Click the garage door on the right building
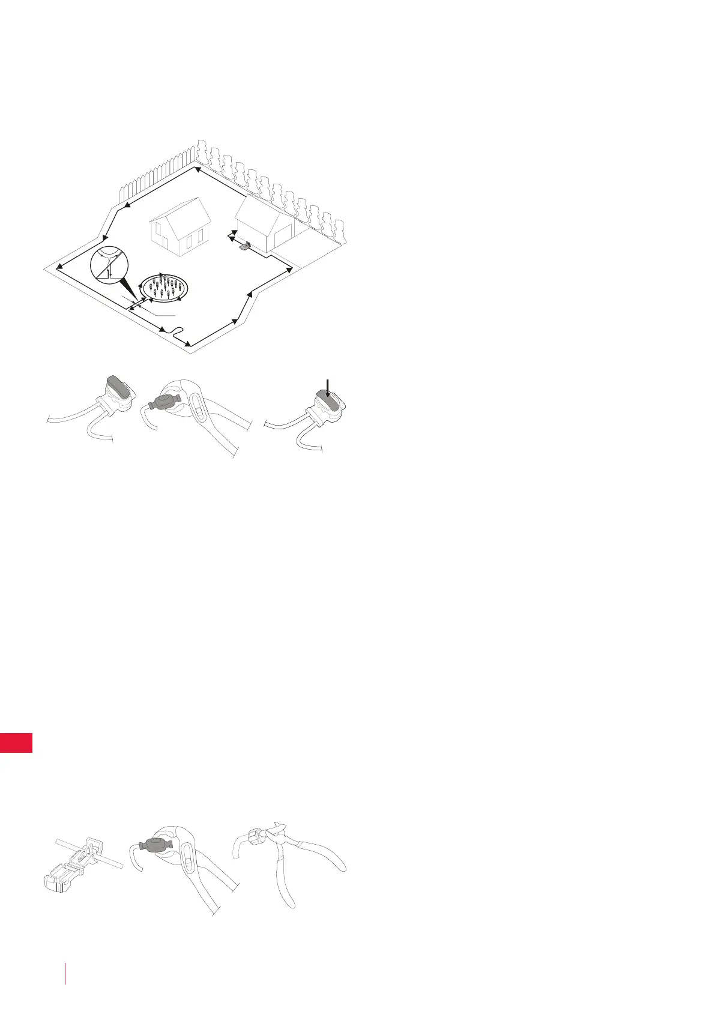[x=283, y=238]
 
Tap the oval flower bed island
[x=164, y=288]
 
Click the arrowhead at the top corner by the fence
[x=195, y=168]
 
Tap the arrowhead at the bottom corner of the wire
[x=188, y=344]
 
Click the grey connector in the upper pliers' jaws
[x=163, y=401]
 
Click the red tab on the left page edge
[x=16, y=742]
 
